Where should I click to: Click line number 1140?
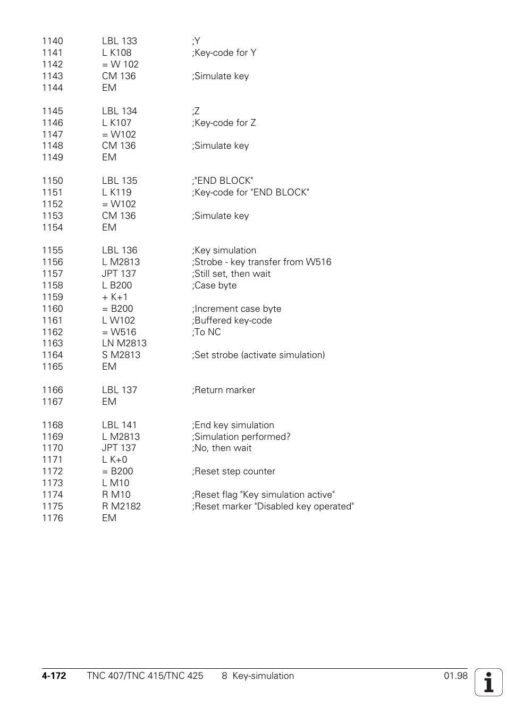[52, 41]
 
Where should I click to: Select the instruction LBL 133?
[119, 41]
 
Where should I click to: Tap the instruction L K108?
[116, 53]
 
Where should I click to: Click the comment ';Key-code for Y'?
[224, 53]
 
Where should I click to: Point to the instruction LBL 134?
[119, 111]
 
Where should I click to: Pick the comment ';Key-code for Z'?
[224, 123]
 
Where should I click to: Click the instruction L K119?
[116, 192]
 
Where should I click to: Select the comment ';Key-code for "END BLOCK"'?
[250, 192]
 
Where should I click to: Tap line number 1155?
[52, 250]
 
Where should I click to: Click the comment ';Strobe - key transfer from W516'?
[261, 262]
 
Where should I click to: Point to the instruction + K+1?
[115, 297]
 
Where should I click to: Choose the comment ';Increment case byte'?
[236, 309]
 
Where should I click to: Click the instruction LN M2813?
[124, 343]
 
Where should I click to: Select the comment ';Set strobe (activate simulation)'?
[258, 355]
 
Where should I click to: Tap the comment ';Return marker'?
[223, 390]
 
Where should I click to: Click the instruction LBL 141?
[119, 425]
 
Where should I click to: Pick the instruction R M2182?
[121, 506]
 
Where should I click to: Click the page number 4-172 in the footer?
[54, 676]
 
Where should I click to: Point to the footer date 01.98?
[455, 676]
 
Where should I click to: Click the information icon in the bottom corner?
[488, 682]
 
